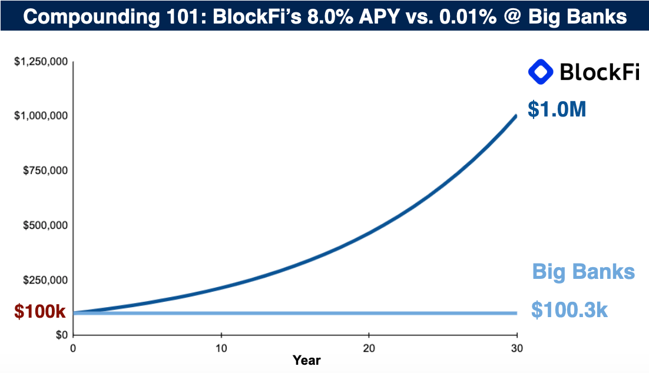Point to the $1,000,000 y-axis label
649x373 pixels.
click(x=40, y=116)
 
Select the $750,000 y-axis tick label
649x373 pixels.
click(x=45, y=171)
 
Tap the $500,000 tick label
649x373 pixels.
click(x=45, y=226)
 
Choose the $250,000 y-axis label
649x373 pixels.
click(x=45, y=281)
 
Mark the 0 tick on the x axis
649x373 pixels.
click(x=73, y=347)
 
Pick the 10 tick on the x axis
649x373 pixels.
click(x=221, y=347)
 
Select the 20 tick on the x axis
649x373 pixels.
click(x=369, y=347)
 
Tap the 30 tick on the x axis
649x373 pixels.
click(x=516, y=347)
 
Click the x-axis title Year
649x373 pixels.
click(x=306, y=359)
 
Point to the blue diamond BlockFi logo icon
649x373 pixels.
click(x=541, y=72)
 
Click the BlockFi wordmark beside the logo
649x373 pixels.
click(x=599, y=72)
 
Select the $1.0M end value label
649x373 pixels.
click(x=557, y=109)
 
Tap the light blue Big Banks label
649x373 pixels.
click(x=583, y=272)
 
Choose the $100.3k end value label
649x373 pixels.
click(x=569, y=310)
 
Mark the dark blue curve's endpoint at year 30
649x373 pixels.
click(x=516, y=116)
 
